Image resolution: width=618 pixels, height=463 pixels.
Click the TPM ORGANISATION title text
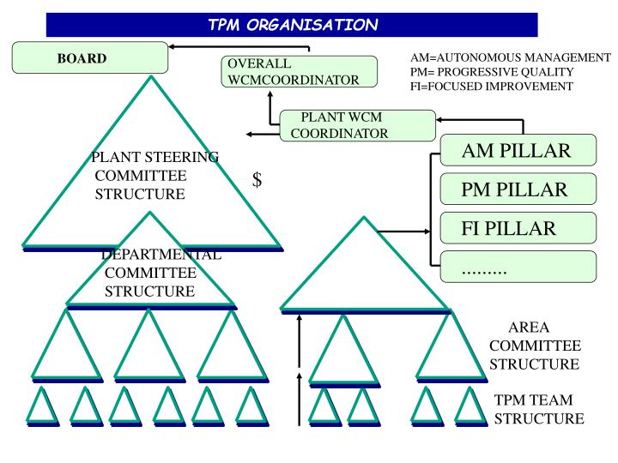[292, 24]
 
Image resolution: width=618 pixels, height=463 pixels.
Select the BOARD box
[88, 59]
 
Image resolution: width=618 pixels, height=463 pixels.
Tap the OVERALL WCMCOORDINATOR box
[298, 72]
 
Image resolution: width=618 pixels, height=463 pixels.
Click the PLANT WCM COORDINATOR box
[357, 125]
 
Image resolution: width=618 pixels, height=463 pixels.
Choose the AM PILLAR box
[517, 152]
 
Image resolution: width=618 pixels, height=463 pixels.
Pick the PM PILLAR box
[517, 189]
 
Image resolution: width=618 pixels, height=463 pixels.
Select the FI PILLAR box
[517, 229]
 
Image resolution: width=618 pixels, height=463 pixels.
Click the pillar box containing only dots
[517, 268]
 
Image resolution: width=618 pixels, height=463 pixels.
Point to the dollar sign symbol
[257, 180]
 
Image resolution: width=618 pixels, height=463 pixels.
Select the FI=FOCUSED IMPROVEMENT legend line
[492, 86]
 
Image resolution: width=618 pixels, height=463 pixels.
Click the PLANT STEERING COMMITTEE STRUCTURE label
[154, 175]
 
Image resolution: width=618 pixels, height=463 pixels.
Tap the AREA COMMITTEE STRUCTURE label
[534, 346]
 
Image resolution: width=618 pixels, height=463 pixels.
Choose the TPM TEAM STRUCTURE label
[538, 410]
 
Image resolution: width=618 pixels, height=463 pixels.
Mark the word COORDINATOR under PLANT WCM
[339, 133]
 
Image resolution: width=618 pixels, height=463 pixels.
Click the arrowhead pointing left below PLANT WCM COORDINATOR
[251, 134]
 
